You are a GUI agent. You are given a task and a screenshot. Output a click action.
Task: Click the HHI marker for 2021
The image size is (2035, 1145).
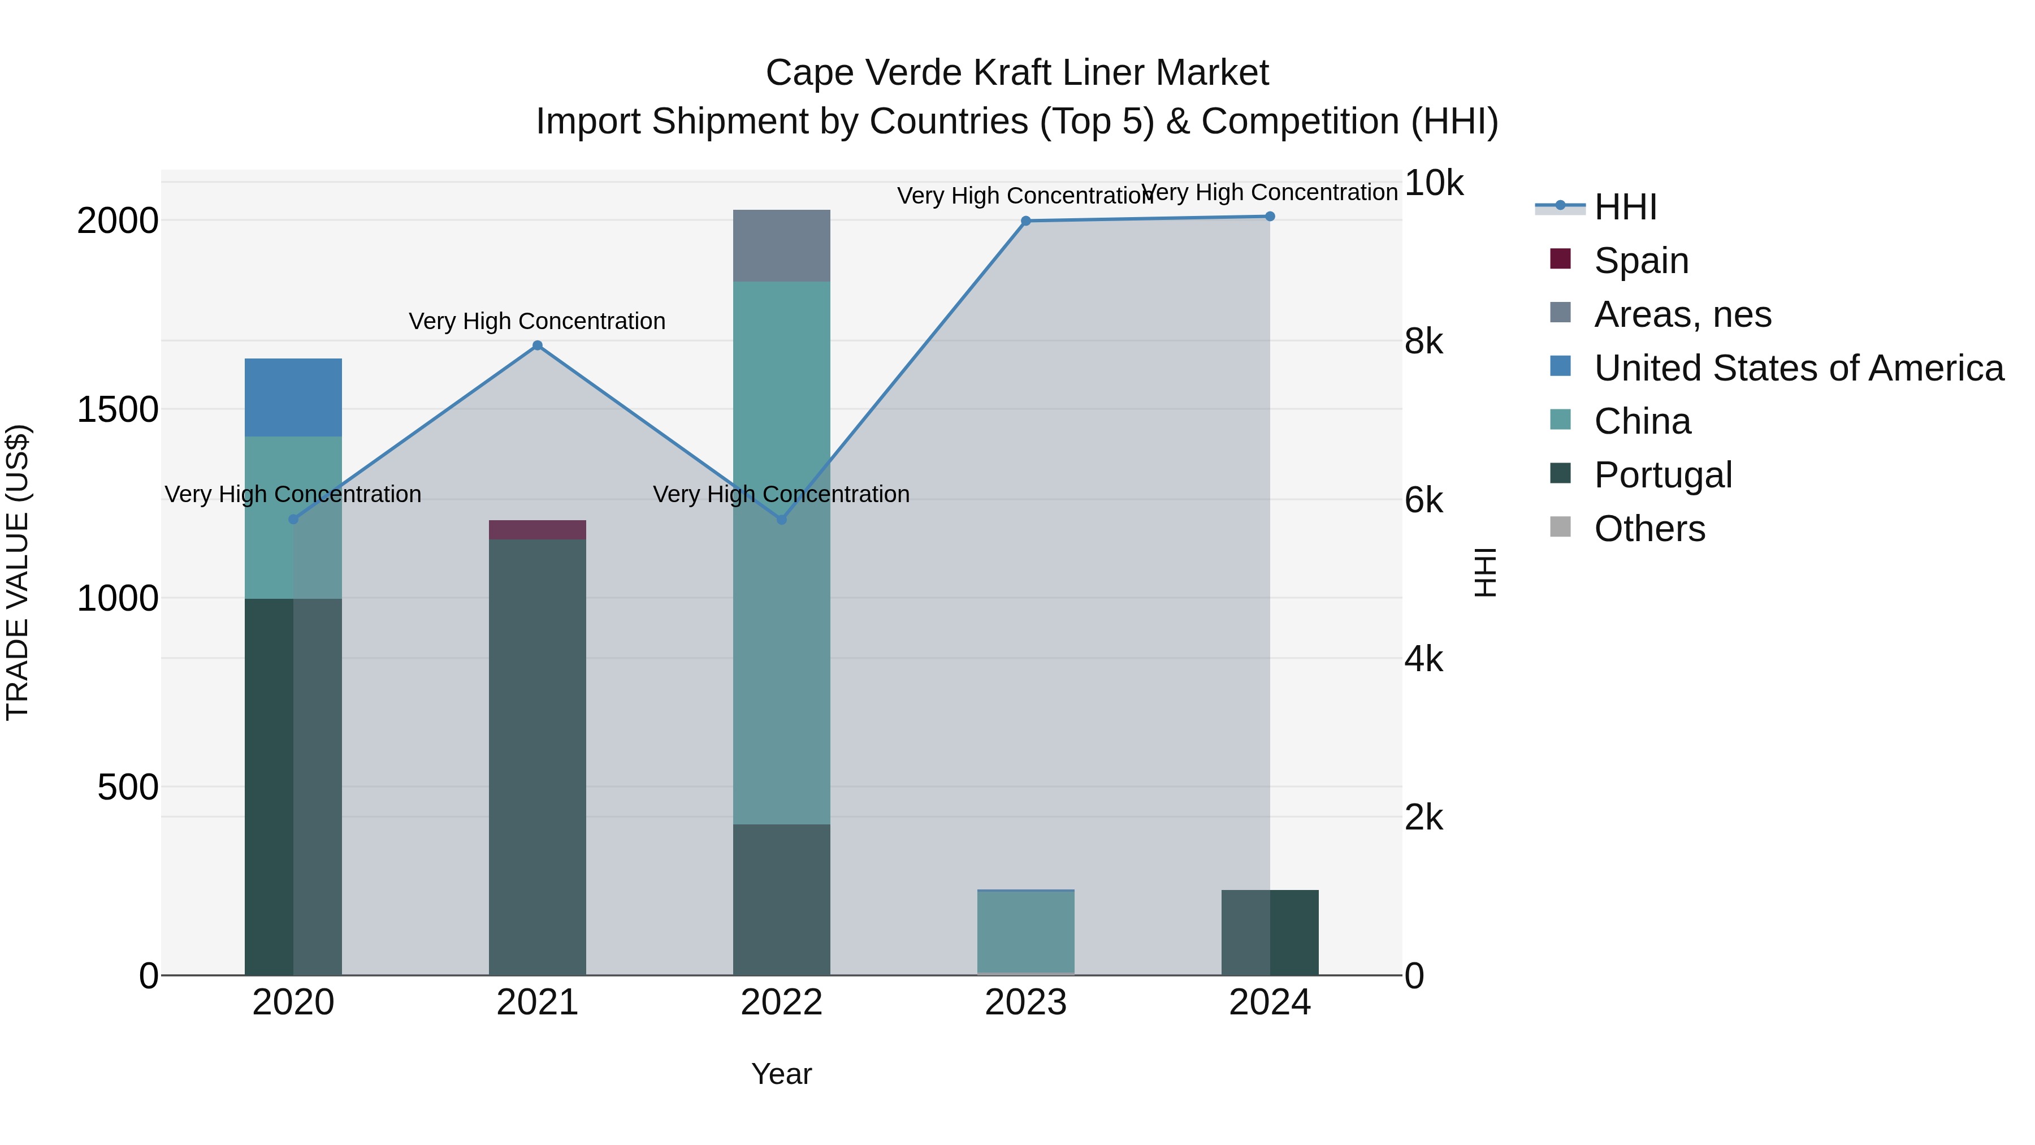537,345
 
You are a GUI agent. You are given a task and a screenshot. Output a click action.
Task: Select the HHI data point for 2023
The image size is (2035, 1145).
1025,221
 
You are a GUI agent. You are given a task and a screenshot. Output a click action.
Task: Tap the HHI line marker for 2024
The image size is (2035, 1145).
1270,217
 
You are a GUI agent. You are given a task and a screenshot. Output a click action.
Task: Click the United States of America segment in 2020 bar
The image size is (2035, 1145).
293,397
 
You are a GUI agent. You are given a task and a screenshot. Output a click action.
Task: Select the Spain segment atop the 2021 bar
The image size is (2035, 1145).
537,529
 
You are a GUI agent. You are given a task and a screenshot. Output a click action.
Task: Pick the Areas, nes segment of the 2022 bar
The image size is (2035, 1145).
781,246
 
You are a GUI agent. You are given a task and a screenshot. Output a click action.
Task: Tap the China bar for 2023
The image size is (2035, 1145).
1025,932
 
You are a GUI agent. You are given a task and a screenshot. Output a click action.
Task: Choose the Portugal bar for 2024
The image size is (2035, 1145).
1270,932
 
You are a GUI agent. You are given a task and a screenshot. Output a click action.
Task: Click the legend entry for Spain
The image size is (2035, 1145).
1641,261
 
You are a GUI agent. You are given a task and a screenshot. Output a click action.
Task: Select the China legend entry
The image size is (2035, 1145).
1642,421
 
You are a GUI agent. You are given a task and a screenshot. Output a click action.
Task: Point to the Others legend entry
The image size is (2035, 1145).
1649,529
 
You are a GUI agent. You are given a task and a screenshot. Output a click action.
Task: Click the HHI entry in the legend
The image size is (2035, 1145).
1625,207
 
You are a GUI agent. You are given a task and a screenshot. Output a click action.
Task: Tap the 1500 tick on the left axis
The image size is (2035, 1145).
117,410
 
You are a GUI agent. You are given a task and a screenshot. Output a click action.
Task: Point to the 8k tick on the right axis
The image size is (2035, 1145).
1423,342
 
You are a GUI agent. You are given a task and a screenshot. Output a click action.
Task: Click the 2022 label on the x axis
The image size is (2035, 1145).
781,1003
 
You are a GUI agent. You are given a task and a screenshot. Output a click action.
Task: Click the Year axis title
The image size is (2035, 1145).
781,1074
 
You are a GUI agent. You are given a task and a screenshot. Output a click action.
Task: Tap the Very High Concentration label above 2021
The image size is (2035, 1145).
537,322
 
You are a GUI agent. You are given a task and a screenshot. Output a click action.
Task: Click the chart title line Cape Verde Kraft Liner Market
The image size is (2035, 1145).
1017,73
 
